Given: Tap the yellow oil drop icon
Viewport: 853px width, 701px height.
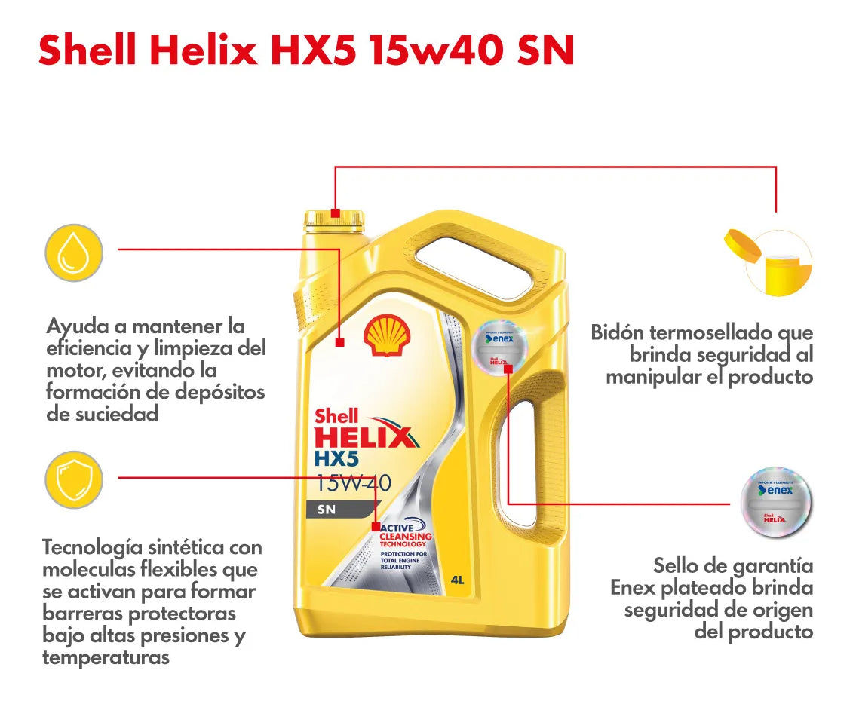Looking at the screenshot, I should (74, 253).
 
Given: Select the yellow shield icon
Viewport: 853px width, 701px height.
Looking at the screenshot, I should (74, 479).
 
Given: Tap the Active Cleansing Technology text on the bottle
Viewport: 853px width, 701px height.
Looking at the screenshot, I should (406, 536).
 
